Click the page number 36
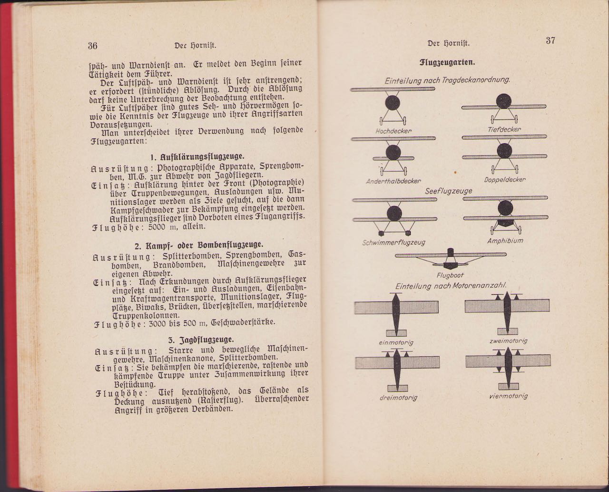click(x=92, y=46)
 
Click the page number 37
click(x=550, y=40)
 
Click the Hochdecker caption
click(x=393, y=131)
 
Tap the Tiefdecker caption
click(x=504, y=129)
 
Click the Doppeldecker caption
click(x=505, y=180)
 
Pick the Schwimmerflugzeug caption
click(x=393, y=242)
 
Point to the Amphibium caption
click(x=505, y=241)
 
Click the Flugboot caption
click(x=450, y=275)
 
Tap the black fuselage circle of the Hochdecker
click(x=393, y=102)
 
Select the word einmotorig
click(x=396, y=342)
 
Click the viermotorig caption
click(x=508, y=396)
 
